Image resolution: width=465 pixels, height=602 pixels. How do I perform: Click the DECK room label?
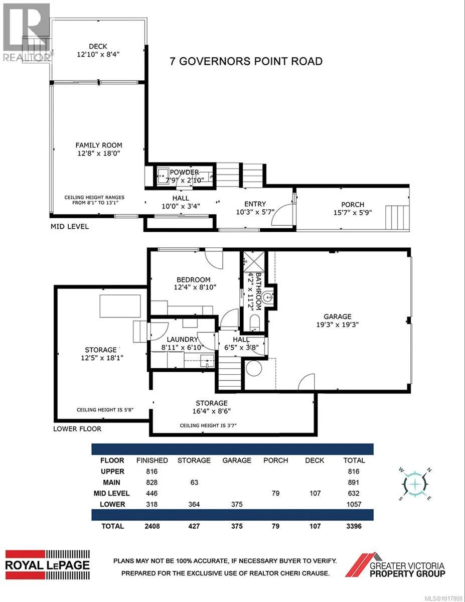click(98, 46)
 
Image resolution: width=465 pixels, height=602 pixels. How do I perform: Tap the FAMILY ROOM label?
click(99, 145)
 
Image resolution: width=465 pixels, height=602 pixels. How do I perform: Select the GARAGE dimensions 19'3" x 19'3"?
click(337, 325)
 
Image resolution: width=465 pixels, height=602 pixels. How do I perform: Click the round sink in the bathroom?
click(268, 298)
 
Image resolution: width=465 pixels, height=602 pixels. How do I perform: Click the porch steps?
click(397, 218)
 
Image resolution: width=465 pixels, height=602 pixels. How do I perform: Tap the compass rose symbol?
click(415, 484)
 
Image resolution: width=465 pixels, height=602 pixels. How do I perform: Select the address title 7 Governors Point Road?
click(246, 61)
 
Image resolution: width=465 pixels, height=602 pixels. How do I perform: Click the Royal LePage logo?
click(48, 565)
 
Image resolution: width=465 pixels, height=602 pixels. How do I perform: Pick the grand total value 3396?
click(354, 526)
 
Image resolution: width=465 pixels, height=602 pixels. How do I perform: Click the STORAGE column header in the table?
click(194, 460)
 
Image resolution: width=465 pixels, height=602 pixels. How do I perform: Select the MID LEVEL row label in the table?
click(112, 493)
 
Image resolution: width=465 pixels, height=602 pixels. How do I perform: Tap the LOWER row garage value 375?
click(237, 504)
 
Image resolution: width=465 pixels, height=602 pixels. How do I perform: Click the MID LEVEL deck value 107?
click(315, 493)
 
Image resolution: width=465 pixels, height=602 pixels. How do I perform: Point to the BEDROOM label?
click(193, 279)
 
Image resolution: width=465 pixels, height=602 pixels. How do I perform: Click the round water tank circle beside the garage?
click(254, 368)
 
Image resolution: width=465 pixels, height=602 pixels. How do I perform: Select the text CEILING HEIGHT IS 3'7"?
click(208, 425)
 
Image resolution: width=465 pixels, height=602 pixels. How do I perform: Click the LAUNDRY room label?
click(182, 339)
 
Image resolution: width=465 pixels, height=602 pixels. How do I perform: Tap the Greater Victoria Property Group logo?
click(395, 565)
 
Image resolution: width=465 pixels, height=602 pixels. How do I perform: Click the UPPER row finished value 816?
click(152, 471)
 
